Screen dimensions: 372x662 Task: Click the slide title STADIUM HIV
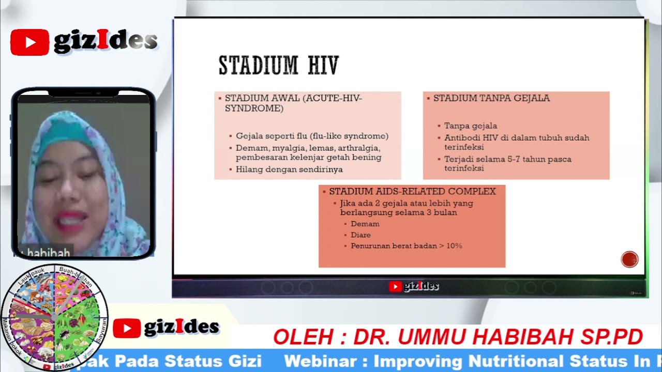pyautogui.click(x=278, y=66)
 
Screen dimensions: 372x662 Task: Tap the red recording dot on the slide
pyautogui.click(x=629, y=259)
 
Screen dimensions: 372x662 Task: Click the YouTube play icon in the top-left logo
pyautogui.click(x=29, y=42)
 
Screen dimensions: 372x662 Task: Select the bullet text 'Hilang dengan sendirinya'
pyautogui.click(x=289, y=169)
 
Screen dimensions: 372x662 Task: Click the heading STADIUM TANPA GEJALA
pyautogui.click(x=491, y=98)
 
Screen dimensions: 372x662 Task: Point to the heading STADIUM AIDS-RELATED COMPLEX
pyautogui.click(x=412, y=191)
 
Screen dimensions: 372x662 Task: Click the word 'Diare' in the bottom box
pyautogui.click(x=360, y=235)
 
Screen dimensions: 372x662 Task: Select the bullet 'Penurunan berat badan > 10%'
pyautogui.click(x=406, y=246)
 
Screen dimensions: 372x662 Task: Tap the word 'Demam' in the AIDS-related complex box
pyautogui.click(x=365, y=224)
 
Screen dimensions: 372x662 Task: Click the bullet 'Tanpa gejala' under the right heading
pyautogui.click(x=471, y=126)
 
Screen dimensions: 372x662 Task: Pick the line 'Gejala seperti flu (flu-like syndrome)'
pyautogui.click(x=312, y=136)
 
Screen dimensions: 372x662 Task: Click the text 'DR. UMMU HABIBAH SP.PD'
pyautogui.click(x=498, y=337)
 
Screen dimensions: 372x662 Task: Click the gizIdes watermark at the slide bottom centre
pyautogui.click(x=414, y=286)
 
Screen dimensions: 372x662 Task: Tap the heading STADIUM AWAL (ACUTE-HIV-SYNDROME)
pyautogui.click(x=293, y=103)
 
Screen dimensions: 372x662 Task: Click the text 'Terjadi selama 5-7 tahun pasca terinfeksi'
pyautogui.click(x=507, y=163)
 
